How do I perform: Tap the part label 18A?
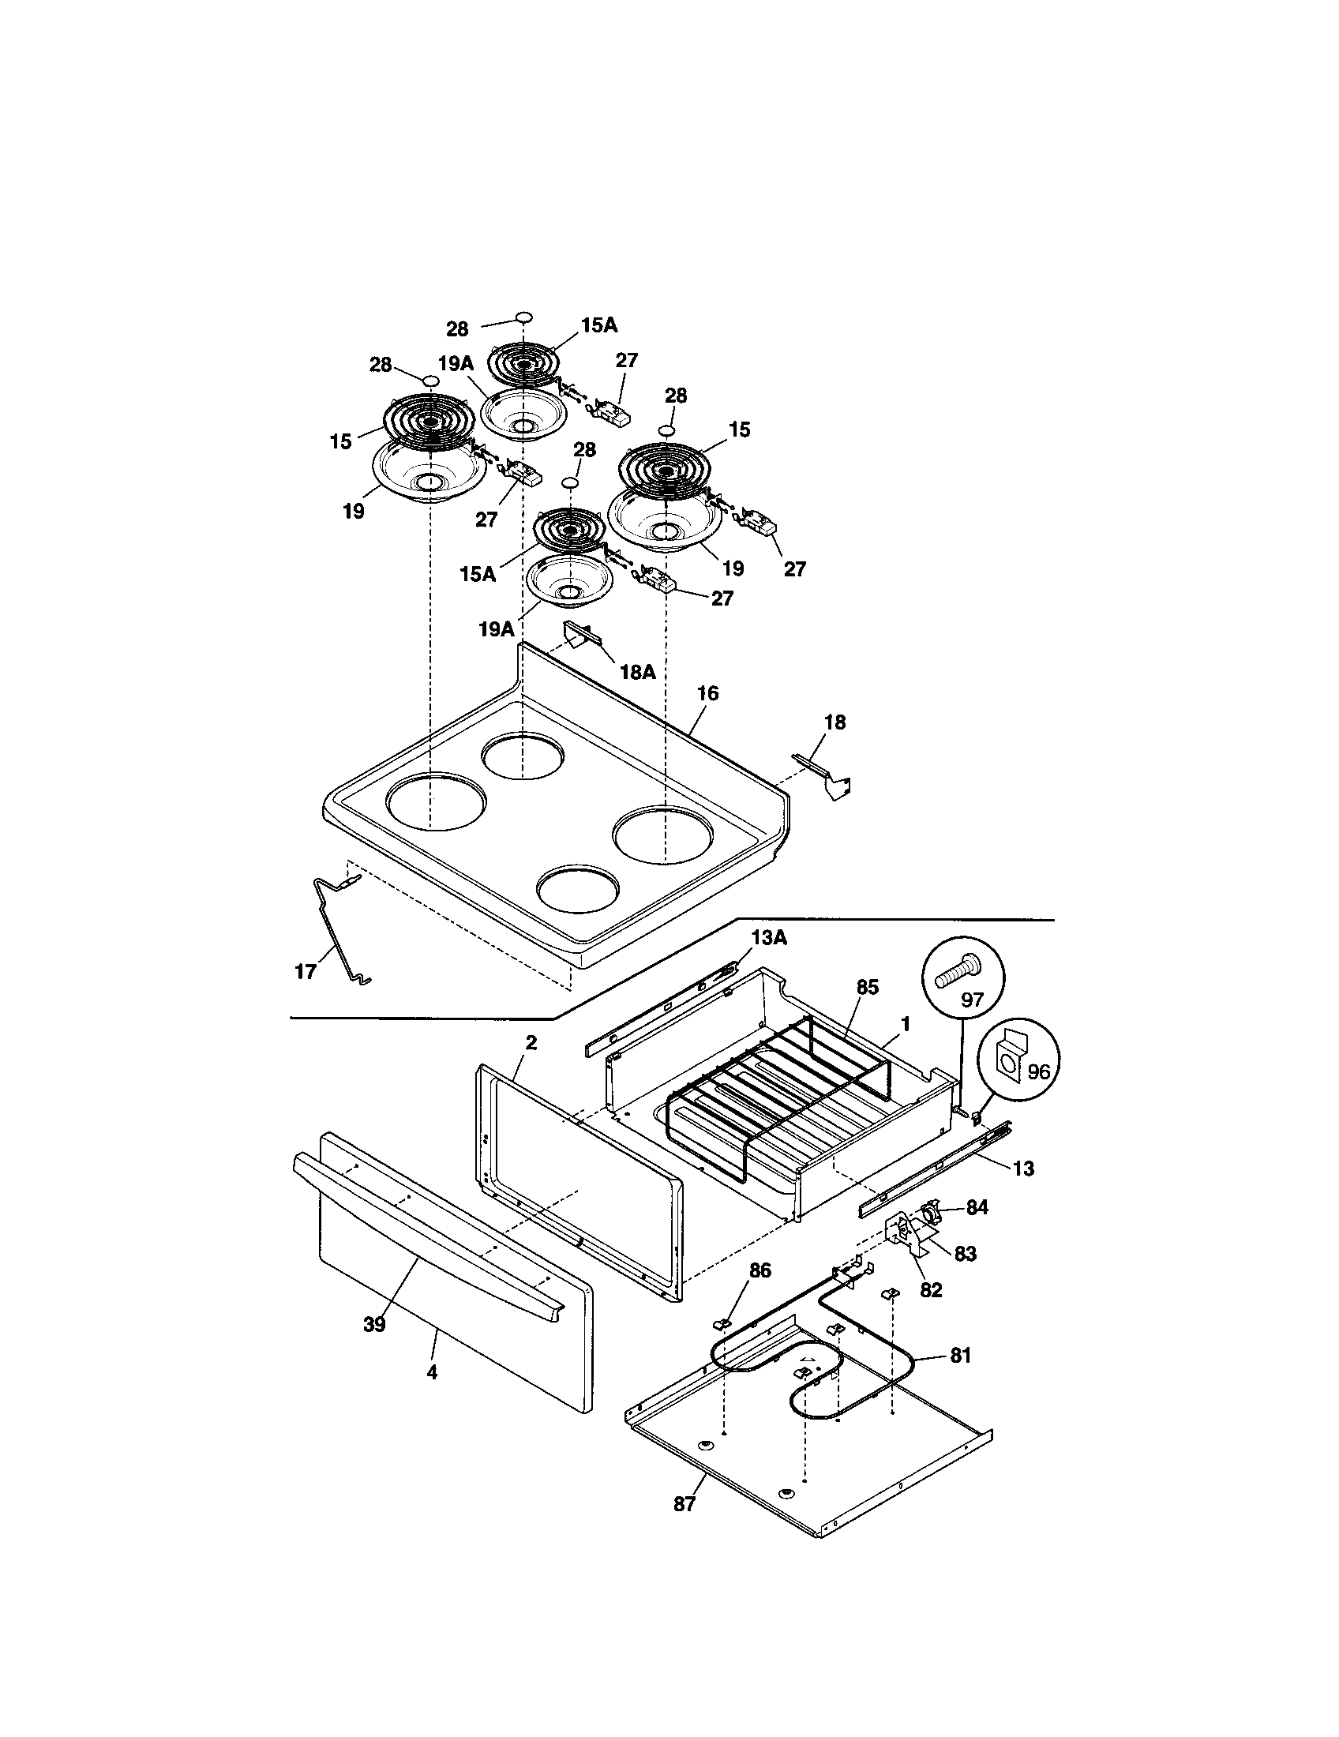[637, 672]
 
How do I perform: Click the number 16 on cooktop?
[707, 693]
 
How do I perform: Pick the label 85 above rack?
[867, 987]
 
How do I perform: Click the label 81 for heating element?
[961, 1355]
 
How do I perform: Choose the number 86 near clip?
[760, 1271]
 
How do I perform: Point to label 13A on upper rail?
[768, 939]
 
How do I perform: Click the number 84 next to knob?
[977, 1207]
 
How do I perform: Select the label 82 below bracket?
[930, 1290]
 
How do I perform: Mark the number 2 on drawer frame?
[531, 1043]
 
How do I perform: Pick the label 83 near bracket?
[965, 1254]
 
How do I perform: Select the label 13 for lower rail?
[1024, 1169]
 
